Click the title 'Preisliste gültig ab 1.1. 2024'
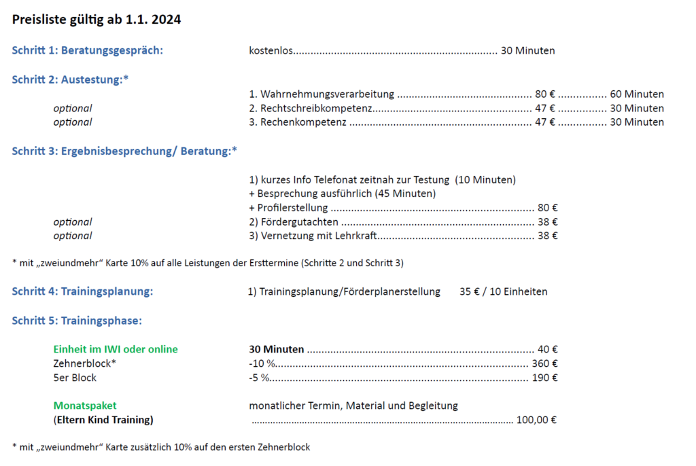(x=97, y=20)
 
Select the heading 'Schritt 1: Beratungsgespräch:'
(x=88, y=50)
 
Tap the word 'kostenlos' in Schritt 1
(x=271, y=50)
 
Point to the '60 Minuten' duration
(x=637, y=94)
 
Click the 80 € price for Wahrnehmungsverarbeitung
(x=545, y=94)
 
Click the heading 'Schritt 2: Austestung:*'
(x=70, y=79)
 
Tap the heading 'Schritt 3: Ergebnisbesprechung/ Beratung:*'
(x=124, y=151)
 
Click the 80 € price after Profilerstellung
(x=548, y=208)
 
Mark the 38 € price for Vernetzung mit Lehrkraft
(x=548, y=236)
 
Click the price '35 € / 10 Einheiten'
(x=503, y=292)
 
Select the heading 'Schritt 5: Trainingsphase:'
(x=77, y=321)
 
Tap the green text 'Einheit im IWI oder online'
(x=116, y=349)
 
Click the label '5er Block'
(x=75, y=378)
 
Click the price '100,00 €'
(x=537, y=420)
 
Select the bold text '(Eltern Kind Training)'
(x=103, y=420)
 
